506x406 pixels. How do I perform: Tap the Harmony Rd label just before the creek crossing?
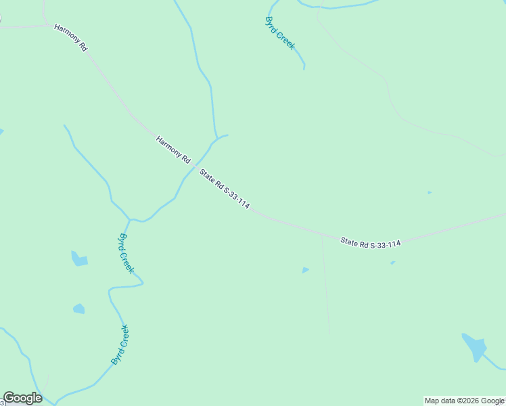[x=173, y=150]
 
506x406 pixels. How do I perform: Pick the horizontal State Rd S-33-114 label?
[x=371, y=242]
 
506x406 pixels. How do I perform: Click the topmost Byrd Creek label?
[x=280, y=32]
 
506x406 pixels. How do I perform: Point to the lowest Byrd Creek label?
[x=120, y=345]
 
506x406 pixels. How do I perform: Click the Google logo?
[x=22, y=398]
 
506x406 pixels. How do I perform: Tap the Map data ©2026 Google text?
[x=465, y=401]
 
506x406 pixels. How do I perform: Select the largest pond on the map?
[x=474, y=348]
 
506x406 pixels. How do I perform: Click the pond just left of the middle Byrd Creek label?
[x=79, y=258]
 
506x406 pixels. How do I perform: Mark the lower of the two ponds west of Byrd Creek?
[x=79, y=309]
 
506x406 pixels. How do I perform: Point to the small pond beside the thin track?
[x=305, y=270]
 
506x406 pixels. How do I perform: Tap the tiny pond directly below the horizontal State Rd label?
[x=392, y=263]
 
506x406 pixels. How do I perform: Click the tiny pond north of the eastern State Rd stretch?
[x=429, y=192]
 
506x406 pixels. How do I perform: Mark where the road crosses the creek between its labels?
[x=195, y=166]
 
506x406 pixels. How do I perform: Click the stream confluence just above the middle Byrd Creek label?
[x=130, y=219]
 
